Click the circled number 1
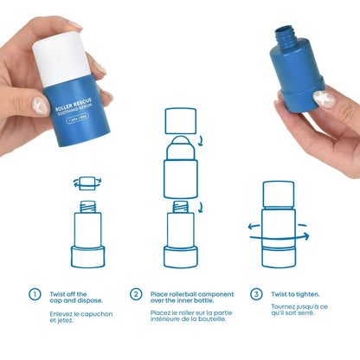tap(33, 294)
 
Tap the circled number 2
tap(136, 294)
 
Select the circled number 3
tap(256, 294)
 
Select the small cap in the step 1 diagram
tap(87, 183)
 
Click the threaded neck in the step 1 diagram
tap(87, 206)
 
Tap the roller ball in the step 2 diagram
tap(180, 143)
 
